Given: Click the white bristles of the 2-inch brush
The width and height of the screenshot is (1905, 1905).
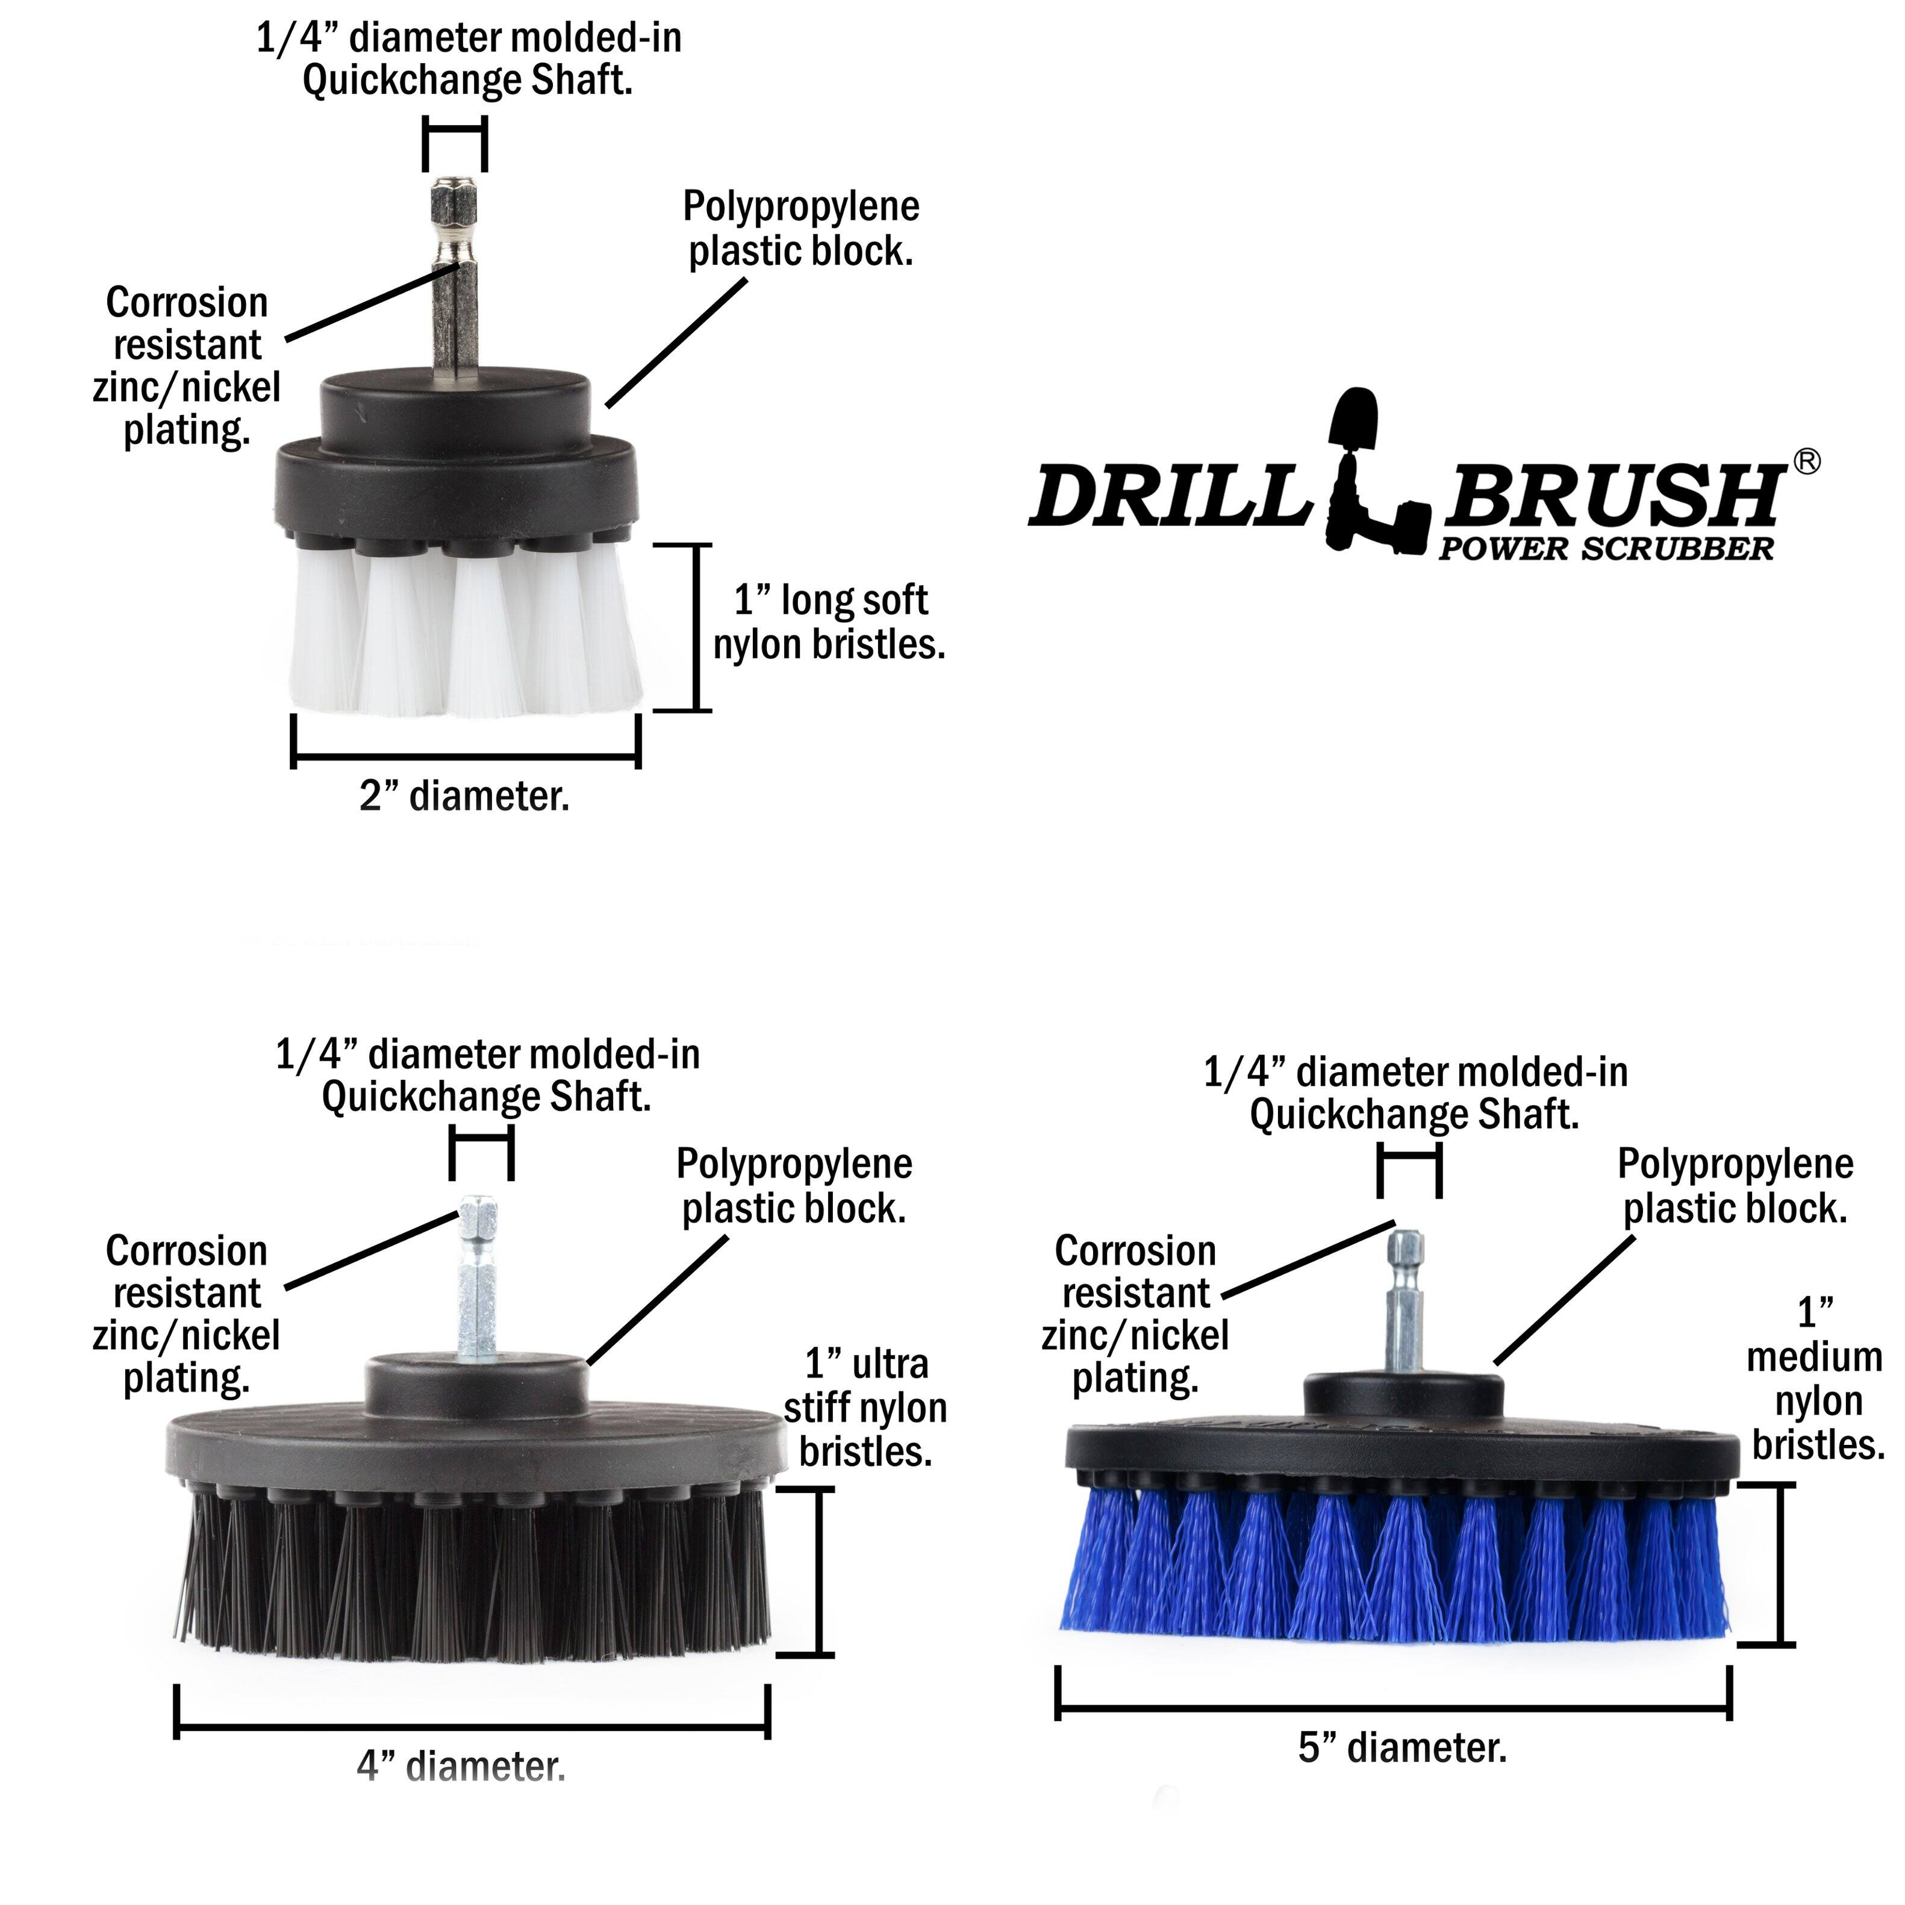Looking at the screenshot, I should coord(463,631).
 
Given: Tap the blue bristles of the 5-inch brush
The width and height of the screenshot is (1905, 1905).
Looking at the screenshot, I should coord(1395,1568).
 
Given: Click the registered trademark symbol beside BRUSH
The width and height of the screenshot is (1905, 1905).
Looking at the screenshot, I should coord(1806,461).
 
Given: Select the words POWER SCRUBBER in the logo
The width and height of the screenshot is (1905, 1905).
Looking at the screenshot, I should coord(1605,549).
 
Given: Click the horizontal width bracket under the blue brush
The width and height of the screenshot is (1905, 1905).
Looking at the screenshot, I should coord(1393,1707).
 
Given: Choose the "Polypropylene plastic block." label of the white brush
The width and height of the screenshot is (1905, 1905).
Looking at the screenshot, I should coord(800,229).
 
